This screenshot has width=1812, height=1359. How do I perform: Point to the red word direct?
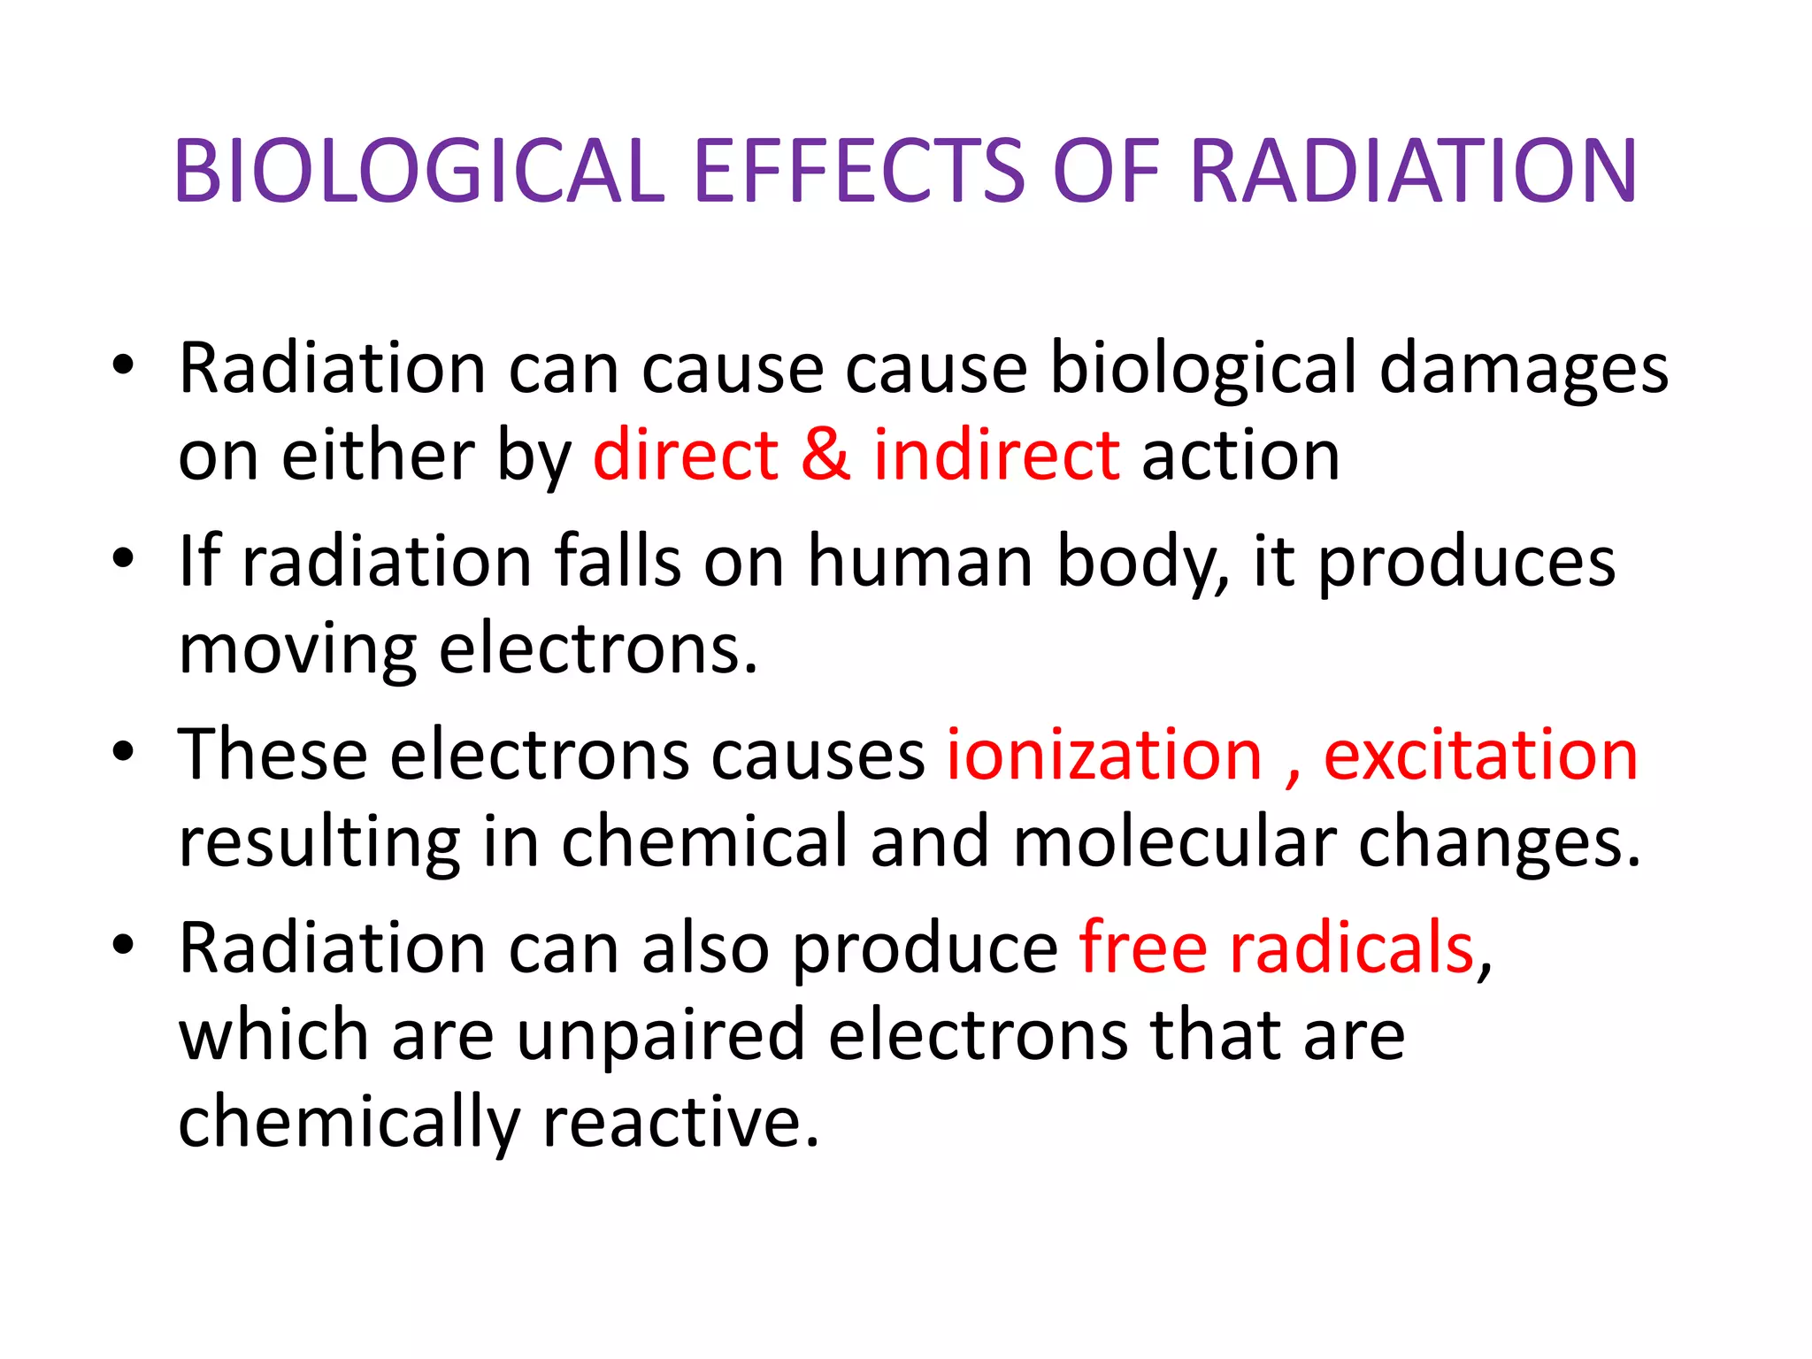686,456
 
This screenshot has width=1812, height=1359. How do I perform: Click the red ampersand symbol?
826,456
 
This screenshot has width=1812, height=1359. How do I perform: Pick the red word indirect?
996,456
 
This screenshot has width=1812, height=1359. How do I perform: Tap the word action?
1240,456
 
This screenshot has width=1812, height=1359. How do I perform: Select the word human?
920,562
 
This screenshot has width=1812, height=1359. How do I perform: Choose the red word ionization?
1104,756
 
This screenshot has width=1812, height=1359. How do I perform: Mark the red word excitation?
1480,756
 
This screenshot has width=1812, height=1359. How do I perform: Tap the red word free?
1143,948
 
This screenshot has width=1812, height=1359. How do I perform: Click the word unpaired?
660,1036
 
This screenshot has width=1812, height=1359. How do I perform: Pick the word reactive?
680,1122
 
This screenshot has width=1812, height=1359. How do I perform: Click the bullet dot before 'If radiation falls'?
123,560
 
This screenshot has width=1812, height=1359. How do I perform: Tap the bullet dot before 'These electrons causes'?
123,753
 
